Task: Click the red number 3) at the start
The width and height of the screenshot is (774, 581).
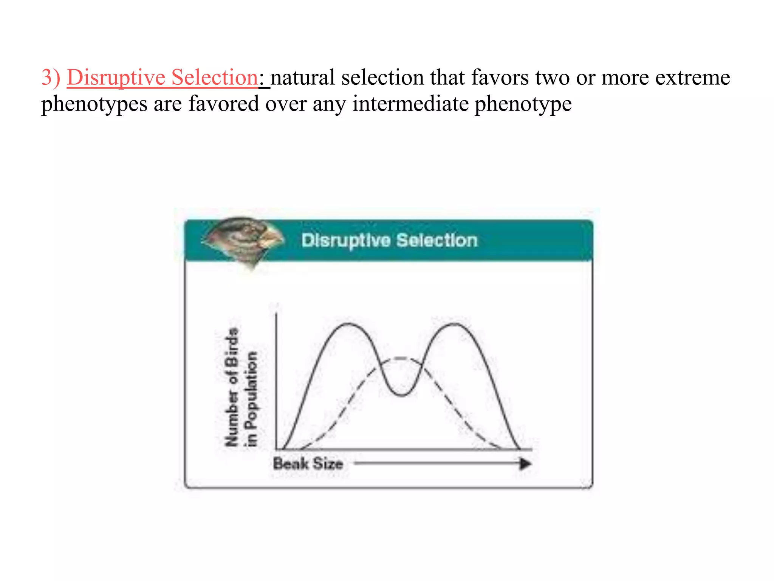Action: [x=51, y=78]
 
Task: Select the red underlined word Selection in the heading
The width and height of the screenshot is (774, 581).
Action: [x=214, y=78]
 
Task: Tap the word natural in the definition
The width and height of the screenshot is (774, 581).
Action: [x=303, y=78]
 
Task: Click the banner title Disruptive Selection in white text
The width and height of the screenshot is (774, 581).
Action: [x=389, y=241]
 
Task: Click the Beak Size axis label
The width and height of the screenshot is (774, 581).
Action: [x=308, y=464]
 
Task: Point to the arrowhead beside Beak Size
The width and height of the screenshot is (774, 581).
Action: [x=525, y=464]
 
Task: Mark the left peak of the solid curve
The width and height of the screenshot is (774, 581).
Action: [x=348, y=324]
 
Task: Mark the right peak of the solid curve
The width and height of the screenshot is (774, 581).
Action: [x=455, y=324]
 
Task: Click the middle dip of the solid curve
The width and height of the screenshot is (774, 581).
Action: [x=401, y=395]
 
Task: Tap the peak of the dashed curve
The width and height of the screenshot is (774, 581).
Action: [x=401, y=358]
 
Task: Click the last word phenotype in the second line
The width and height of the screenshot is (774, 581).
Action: [x=523, y=104]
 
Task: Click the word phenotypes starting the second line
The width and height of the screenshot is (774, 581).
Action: [x=94, y=104]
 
